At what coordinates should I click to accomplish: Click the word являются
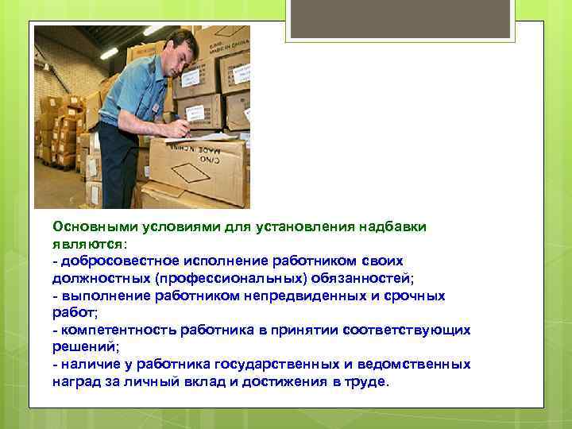[x=87, y=244]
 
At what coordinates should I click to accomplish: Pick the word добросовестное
[x=113, y=261]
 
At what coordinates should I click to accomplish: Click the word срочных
[x=416, y=296]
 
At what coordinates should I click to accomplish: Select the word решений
[x=83, y=347]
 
